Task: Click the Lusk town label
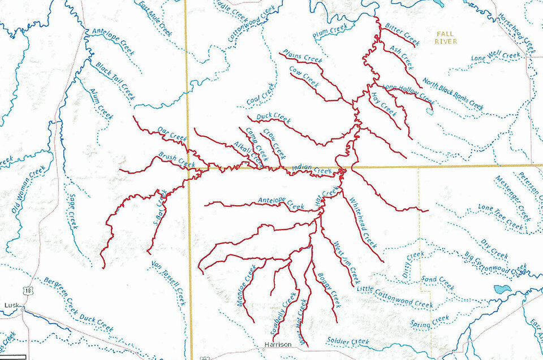click(11, 305)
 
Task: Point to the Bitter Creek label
click(402, 34)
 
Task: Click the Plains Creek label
click(304, 57)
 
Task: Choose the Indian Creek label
click(312, 169)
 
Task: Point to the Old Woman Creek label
click(28, 189)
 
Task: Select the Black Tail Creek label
click(115, 81)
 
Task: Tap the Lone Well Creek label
click(495, 57)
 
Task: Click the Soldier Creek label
click(348, 341)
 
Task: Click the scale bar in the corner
click(12, 356)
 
